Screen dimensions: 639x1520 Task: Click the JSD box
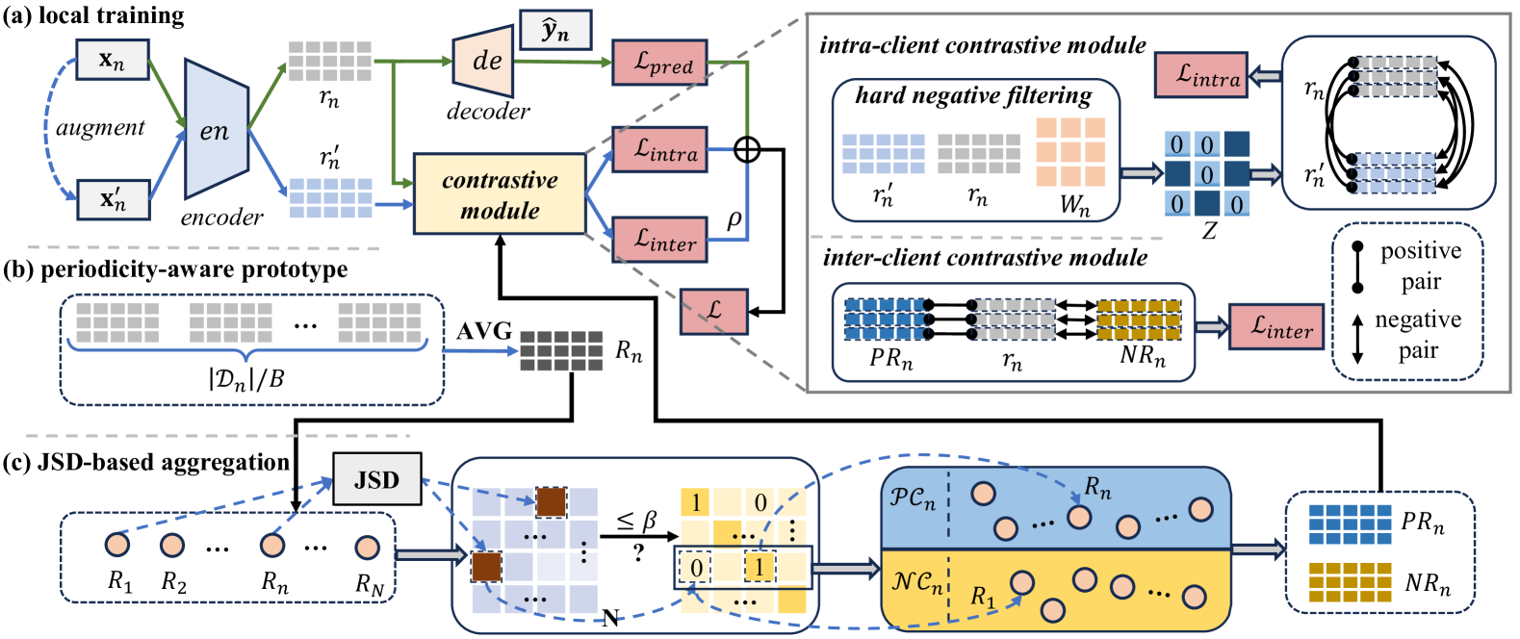point(376,478)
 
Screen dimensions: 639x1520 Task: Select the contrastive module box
point(500,193)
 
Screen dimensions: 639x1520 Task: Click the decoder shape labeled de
point(483,61)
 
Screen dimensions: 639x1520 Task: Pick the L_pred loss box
point(659,63)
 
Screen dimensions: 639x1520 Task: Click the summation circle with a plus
point(747,149)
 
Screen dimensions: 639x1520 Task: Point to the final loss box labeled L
point(713,311)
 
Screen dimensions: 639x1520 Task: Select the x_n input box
point(112,60)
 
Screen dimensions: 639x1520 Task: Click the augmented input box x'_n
point(112,199)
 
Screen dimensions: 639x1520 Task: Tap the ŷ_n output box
point(555,31)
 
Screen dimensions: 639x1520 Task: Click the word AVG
point(483,331)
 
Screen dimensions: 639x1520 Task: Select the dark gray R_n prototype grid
point(561,350)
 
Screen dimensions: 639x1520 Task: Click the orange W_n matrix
point(1070,151)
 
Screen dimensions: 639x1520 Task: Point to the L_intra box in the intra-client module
point(1200,75)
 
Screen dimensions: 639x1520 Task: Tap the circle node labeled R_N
point(367,548)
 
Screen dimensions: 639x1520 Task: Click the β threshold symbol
point(649,521)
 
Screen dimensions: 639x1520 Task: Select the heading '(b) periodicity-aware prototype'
point(175,268)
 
